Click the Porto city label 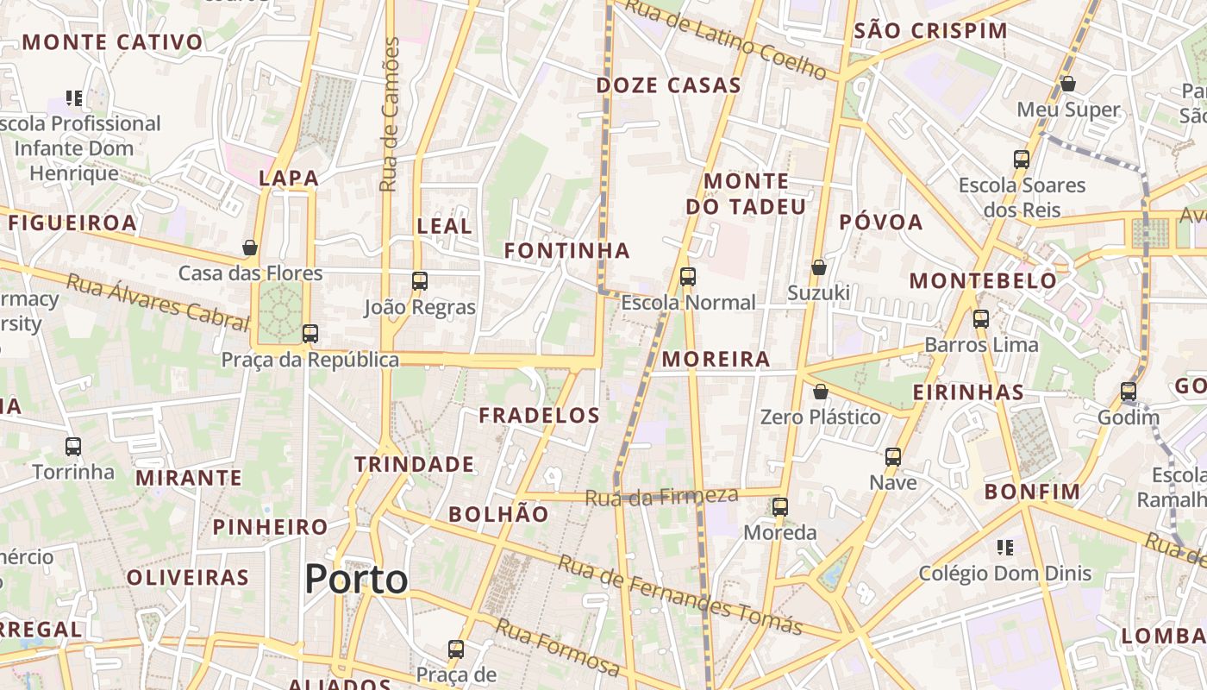356,579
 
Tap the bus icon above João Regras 420,280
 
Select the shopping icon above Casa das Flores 250,248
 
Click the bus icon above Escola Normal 687,276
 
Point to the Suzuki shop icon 819,267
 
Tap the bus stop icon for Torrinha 73,446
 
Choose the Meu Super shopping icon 1067,84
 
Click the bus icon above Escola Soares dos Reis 1022,159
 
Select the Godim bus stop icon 1128,391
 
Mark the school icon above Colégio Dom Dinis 1004,547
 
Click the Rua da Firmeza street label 661,496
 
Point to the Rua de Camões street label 391,114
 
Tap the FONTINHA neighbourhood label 566,250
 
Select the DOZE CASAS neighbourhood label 668,85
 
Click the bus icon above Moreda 780,506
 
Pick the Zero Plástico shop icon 821,392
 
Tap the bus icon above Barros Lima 980,318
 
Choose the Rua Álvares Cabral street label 158,302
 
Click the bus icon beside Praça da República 310,333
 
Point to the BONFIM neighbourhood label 1032,492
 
